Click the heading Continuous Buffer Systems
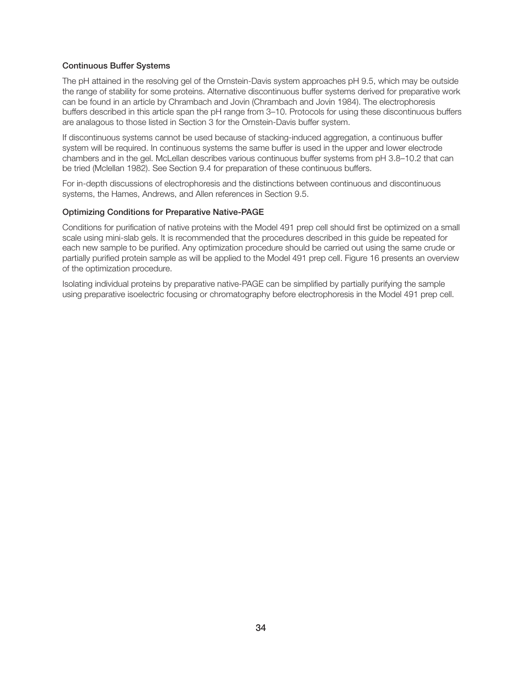coord(116,66)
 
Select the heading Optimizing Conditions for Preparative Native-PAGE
coord(163,212)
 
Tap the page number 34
coord(261,628)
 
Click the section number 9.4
coord(209,168)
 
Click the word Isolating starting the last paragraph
coord(77,284)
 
